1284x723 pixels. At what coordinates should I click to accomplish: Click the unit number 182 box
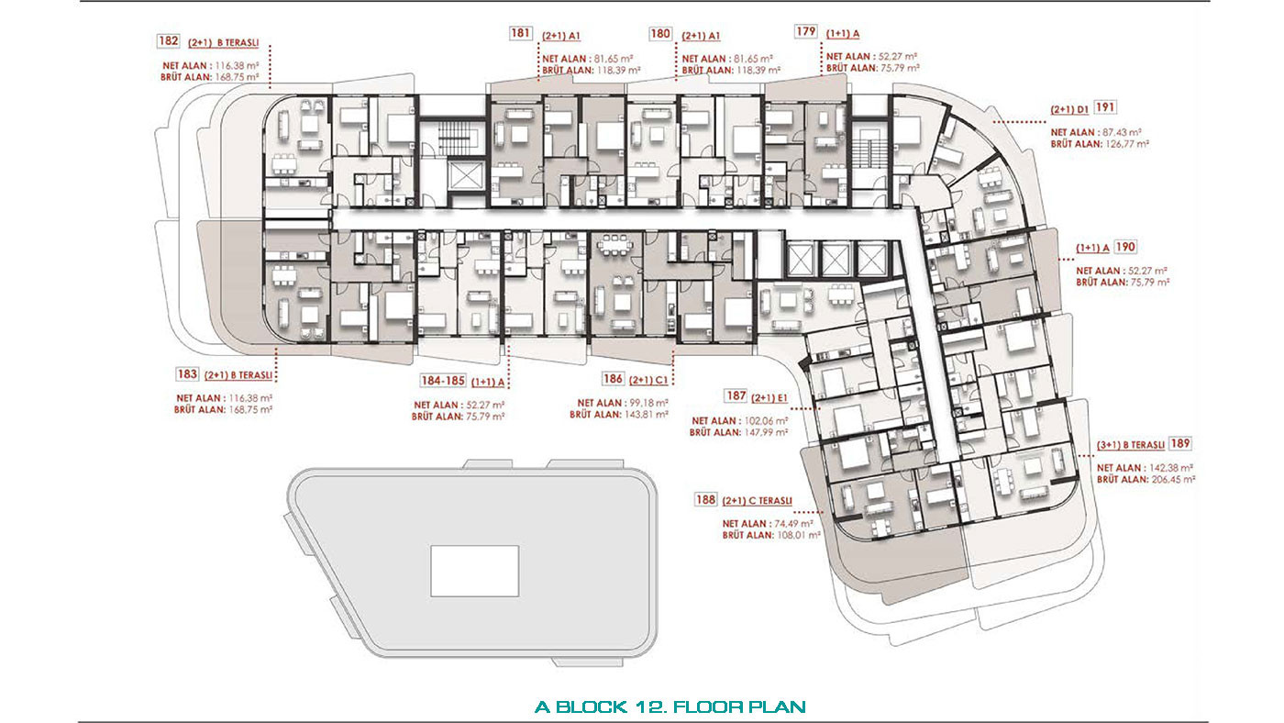pos(169,40)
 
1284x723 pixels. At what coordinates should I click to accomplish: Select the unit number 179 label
pos(806,31)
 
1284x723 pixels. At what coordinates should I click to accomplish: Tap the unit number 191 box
pos(1105,107)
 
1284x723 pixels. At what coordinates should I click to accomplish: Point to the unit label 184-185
pos(443,381)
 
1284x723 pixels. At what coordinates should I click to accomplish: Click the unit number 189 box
pos(1180,443)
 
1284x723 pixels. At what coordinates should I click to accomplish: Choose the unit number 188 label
pos(705,499)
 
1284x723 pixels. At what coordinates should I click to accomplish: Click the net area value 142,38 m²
pos(1171,468)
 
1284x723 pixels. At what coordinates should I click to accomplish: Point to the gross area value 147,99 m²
pos(766,432)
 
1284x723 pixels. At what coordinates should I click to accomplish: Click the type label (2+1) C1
pos(648,380)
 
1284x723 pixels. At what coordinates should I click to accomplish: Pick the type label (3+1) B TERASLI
pos(1131,445)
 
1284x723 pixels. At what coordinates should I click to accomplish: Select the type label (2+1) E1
pos(769,398)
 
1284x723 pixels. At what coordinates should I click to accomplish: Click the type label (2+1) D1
pos(1069,109)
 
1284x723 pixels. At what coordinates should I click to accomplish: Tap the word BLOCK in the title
pos(591,707)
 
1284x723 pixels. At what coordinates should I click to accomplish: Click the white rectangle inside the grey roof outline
pos(475,571)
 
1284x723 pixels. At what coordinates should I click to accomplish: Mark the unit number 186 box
pos(613,378)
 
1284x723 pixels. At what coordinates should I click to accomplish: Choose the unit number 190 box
pos(1126,247)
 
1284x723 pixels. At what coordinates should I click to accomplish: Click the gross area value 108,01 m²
pos(799,535)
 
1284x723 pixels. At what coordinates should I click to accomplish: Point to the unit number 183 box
pos(187,373)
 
